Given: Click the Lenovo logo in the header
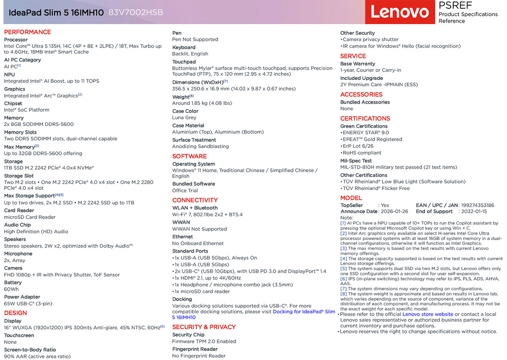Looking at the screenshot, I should [399, 12].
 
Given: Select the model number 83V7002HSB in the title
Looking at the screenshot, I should [135, 12].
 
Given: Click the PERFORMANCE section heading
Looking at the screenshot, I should [27, 32].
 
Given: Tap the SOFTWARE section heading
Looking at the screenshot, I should [189, 156].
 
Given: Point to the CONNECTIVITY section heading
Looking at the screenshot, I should [195, 200].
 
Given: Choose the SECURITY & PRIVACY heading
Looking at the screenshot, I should [204, 327].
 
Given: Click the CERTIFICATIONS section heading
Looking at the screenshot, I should [365, 118].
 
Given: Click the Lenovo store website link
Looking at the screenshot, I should [427, 314].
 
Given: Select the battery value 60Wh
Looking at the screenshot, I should [11, 289].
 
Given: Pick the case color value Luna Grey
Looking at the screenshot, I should [184, 118].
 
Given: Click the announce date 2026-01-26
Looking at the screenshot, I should [395, 211].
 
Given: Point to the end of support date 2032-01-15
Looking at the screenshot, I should [474, 211].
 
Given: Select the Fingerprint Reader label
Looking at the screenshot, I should [195, 349].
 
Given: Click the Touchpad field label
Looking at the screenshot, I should [184, 62].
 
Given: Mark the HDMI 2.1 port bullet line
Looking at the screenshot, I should [208, 278].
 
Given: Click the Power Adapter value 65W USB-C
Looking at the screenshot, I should [28, 304].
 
